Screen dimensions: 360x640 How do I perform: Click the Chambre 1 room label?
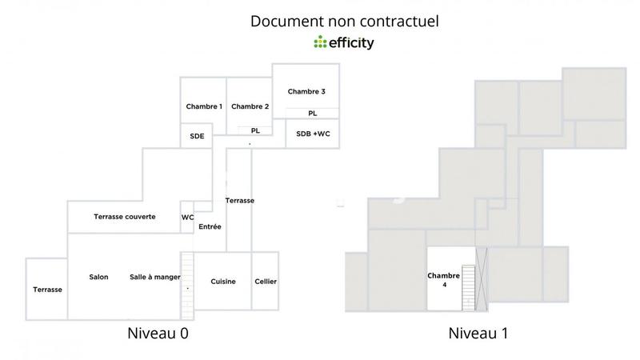pos(204,106)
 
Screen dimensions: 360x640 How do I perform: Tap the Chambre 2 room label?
pos(250,106)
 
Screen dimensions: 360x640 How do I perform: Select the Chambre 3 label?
pos(306,91)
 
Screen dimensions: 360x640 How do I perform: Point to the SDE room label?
pos(197,136)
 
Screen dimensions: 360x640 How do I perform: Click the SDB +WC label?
pos(313,134)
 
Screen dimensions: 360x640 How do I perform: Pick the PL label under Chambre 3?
pos(312,114)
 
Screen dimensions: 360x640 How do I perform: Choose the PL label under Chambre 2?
pos(255,130)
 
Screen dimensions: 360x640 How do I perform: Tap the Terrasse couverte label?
pos(125,217)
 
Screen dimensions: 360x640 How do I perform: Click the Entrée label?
pos(210,226)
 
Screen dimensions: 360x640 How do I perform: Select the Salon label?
pos(99,277)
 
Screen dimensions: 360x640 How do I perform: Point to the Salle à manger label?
pos(154,277)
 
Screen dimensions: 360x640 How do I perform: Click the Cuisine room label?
pos(223,281)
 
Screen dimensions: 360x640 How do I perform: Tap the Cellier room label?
pos(266,281)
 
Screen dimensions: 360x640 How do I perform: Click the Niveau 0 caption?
pos(158,332)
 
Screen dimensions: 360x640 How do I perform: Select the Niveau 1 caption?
pos(478,332)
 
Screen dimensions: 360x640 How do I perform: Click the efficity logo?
pos(344,42)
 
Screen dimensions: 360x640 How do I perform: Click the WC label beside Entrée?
pos(187,217)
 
